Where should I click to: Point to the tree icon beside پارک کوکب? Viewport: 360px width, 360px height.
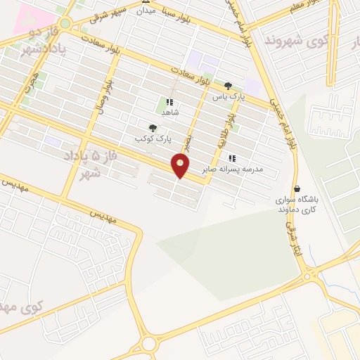pyautogui.click(x=153, y=128)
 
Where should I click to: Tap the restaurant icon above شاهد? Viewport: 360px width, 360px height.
pyautogui.click(x=169, y=101)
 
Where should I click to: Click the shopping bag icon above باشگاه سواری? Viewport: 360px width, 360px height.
pyautogui.click(x=297, y=188)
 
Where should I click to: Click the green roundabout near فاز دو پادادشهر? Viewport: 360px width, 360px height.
pyautogui.click(x=65, y=22)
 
